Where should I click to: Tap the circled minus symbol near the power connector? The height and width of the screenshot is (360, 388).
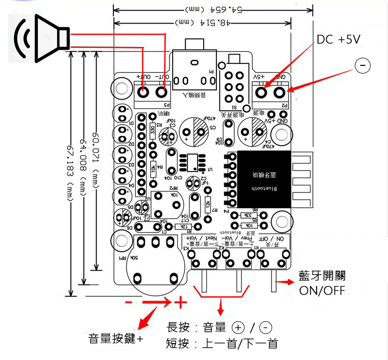click(x=361, y=66)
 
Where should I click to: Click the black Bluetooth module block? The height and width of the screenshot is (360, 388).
click(x=263, y=179)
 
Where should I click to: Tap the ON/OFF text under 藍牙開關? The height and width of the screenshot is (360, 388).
click(x=322, y=290)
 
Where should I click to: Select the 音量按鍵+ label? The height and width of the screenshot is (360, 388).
click(x=115, y=338)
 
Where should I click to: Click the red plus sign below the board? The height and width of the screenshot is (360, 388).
click(x=180, y=302)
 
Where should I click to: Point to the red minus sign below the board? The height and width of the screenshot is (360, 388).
click(x=129, y=302)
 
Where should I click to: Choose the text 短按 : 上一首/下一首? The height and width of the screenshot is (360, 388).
click(x=222, y=343)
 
